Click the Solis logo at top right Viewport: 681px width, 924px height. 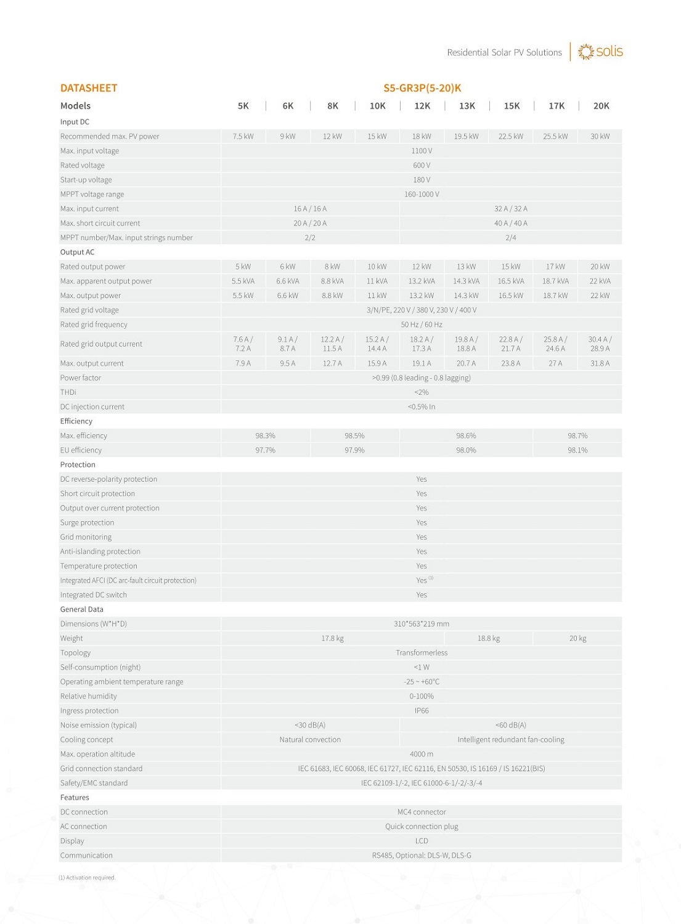click(x=601, y=52)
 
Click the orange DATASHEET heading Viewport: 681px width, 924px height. click(x=89, y=88)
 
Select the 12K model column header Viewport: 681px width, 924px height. click(x=422, y=106)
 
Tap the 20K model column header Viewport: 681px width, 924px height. click(x=601, y=106)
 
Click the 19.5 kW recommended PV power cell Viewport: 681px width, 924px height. click(x=466, y=136)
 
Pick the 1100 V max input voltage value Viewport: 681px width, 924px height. click(x=422, y=151)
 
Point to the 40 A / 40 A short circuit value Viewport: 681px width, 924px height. click(x=510, y=223)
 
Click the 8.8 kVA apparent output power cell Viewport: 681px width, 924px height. click(x=332, y=281)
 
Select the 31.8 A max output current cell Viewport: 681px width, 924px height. click(x=600, y=363)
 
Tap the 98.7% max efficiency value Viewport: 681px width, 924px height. click(x=577, y=436)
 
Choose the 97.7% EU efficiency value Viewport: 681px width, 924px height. click(x=265, y=450)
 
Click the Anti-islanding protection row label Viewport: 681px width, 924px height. click(x=100, y=551)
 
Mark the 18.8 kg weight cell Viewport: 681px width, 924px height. click(x=488, y=638)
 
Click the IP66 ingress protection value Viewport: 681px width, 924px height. click(x=422, y=711)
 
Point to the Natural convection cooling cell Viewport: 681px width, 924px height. click(x=309, y=740)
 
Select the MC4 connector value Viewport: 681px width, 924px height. click(x=422, y=812)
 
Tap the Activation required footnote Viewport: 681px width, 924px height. click(x=87, y=878)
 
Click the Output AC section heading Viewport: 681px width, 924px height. click(x=78, y=252)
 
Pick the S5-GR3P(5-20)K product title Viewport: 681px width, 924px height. click(x=422, y=88)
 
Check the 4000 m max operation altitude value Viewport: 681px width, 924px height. click(x=422, y=754)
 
